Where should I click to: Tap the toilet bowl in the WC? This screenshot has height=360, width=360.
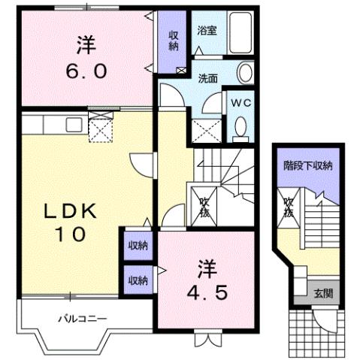click(x=241, y=129)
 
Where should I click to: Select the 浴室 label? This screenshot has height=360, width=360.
click(x=207, y=32)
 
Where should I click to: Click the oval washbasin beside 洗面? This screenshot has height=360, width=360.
click(x=246, y=73)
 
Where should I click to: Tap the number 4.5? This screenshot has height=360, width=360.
click(x=204, y=292)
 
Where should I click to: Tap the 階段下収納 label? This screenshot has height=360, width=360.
click(x=308, y=165)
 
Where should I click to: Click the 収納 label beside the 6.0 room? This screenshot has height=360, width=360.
click(x=173, y=40)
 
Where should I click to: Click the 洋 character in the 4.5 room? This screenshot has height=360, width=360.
click(x=205, y=265)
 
